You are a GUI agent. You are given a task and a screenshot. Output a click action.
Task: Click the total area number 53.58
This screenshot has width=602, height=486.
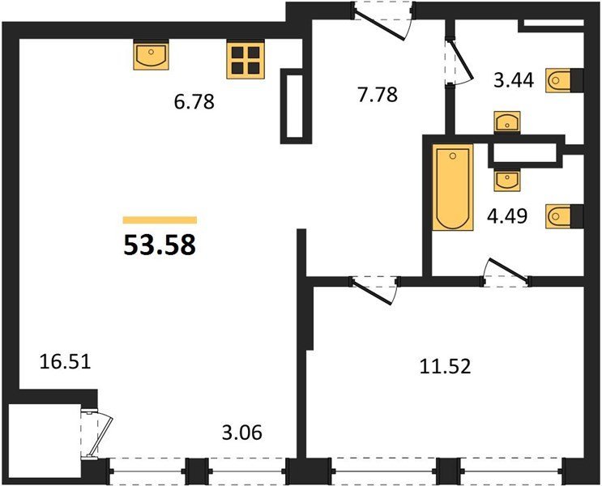[x=160, y=245]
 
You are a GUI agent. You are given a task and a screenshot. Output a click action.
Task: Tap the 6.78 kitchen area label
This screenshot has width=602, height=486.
[x=194, y=102]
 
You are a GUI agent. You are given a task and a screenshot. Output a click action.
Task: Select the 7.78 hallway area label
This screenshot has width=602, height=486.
[x=378, y=95]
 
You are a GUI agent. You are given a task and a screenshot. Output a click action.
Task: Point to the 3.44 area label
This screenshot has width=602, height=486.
[x=514, y=81]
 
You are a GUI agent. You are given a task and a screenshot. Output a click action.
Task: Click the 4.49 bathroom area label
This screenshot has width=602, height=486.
[x=507, y=215]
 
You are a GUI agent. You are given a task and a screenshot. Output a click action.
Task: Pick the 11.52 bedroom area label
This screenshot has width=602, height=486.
[x=445, y=366]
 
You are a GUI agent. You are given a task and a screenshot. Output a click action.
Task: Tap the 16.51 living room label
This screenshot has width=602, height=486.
[x=66, y=361]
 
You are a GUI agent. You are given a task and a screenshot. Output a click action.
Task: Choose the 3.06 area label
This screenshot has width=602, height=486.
[x=242, y=433]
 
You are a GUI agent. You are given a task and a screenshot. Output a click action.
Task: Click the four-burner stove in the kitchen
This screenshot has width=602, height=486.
[x=245, y=60]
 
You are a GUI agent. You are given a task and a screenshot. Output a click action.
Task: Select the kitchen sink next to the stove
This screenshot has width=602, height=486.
[x=152, y=56]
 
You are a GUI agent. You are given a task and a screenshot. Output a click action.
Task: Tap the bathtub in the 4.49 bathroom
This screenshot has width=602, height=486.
[x=453, y=187]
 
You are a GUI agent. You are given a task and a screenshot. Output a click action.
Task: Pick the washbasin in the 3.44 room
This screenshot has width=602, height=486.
[x=507, y=122]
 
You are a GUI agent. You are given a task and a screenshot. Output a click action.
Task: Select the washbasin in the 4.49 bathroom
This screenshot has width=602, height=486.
[x=507, y=180]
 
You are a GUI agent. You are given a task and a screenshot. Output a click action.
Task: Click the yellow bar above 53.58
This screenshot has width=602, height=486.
[x=160, y=220]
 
